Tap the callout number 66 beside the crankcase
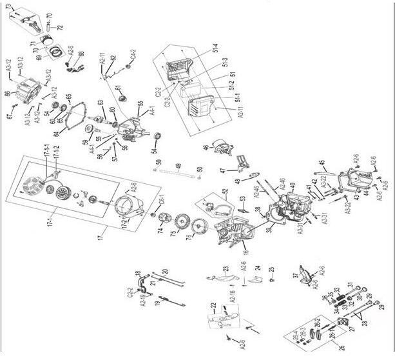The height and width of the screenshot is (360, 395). point(7,94)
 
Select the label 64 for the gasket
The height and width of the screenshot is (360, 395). point(57,134)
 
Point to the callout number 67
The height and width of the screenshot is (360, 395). point(10,116)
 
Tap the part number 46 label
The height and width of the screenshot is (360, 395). point(206,148)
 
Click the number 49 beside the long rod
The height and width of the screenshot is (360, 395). point(178,166)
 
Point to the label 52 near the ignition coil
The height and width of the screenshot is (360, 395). point(225,192)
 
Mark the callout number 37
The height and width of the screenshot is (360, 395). point(295,275)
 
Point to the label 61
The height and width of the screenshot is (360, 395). point(118,88)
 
